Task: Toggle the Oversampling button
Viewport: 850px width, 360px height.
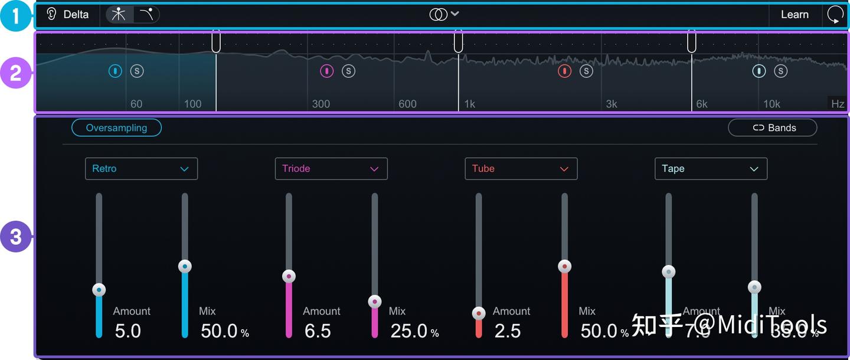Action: [x=116, y=127]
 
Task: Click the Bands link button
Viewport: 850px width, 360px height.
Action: [x=773, y=127]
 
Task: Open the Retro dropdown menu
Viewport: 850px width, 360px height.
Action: [x=141, y=169]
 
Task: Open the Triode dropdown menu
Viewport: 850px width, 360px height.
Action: [x=331, y=169]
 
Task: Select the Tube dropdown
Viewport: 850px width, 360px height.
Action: [x=521, y=169]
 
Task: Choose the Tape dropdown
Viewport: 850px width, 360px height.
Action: [x=711, y=169]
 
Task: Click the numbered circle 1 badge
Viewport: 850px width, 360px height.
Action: [x=15, y=16]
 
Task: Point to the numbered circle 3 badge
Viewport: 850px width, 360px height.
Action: [x=15, y=237]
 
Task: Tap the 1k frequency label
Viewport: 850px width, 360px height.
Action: [x=469, y=104]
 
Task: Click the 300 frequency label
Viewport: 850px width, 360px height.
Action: [x=321, y=104]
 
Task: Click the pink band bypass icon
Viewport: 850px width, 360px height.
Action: [x=326, y=71]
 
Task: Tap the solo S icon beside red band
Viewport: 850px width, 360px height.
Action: [x=586, y=71]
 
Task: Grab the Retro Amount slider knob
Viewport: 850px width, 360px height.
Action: [x=99, y=290]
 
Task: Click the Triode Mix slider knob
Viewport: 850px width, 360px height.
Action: [x=375, y=302]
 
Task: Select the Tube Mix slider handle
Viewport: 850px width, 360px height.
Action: [x=565, y=266]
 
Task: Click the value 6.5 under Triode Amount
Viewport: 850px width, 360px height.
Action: [x=318, y=331]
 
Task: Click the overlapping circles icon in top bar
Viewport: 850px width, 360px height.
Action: [x=438, y=15]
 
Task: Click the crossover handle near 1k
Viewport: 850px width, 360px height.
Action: [x=458, y=41]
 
